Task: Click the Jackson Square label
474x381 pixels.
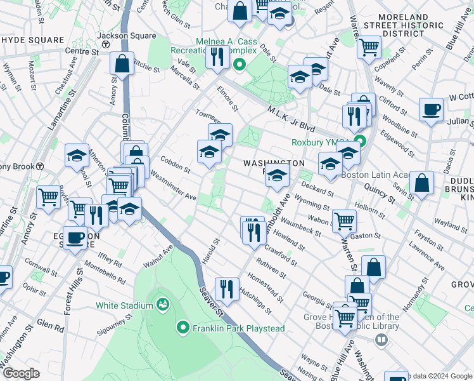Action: pyautogui.click(x=120, y=36)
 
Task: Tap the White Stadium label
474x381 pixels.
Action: pyautogui.click(x=124, y=305)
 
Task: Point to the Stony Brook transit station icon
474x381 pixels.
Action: pyautogui.click(x=40, y=166)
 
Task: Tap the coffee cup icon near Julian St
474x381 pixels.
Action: pyautogui.click(x=431, y=109)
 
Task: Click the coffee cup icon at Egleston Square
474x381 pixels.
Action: pyautogui.click(x=75, y=237)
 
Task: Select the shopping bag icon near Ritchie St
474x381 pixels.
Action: pyautogui.click(x=121, y=63)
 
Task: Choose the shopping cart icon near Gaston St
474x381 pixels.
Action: pyautogui.click(x=344, y=220)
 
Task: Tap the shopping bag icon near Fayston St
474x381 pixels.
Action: pyautogui.click(x=375, y=267)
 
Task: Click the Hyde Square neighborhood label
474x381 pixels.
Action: pyautogui.click(x=33, y=40)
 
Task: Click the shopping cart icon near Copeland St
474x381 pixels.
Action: pyautogui.click(x=369, y=46)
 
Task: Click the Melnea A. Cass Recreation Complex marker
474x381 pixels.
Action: pyautogui.click(x=240, y=63)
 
